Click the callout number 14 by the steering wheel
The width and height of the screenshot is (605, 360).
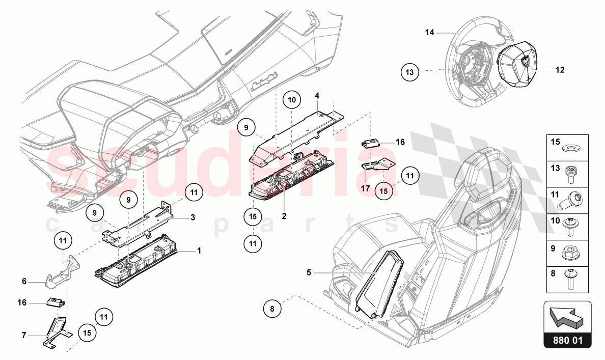[430, 33]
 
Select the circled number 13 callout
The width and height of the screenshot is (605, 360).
[409, 72]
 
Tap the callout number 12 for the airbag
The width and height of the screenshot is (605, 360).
[560, 70]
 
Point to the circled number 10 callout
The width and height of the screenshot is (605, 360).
[292, 100]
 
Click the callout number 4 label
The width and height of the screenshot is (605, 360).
[317, 95]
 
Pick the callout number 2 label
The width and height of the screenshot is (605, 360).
[284, 216]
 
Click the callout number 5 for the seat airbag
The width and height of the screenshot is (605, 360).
[309, 272]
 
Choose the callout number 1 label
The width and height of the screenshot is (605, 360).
[199, 251]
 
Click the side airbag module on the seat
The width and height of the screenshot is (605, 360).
[378, 284]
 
